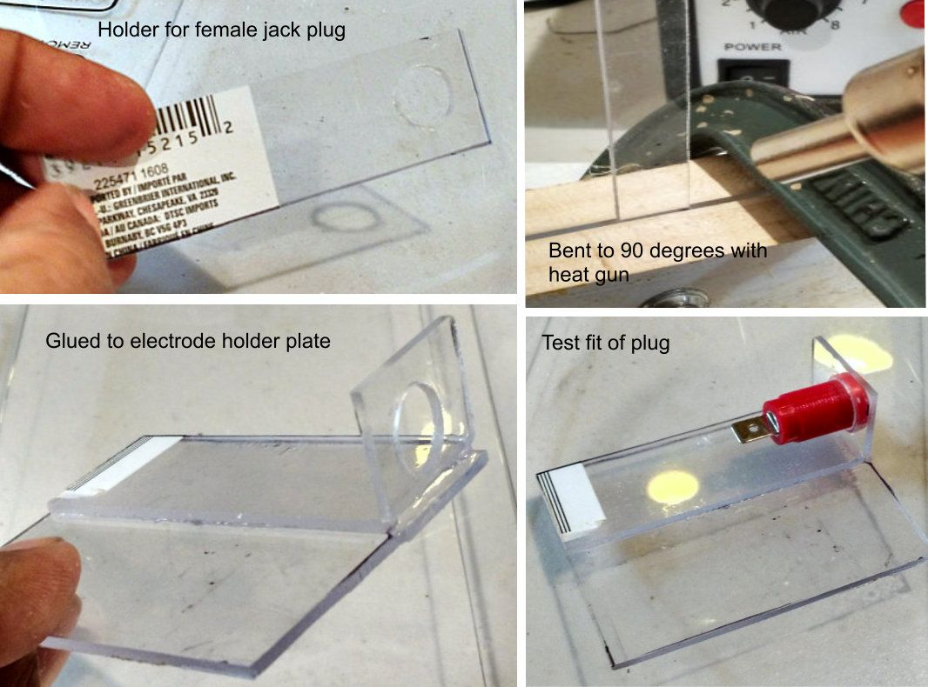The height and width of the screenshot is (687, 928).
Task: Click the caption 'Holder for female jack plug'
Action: (x=221, y=30)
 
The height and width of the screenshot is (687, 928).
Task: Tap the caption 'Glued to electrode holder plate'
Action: (x=187, y=341)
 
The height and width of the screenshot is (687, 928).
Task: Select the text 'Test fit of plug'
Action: (x=605, y=343)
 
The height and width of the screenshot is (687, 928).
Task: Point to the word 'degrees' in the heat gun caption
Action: (x=680, y=251)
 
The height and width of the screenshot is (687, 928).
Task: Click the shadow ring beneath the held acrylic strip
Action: (x=343, y=217)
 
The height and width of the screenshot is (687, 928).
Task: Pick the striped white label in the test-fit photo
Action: (x=571, y=500)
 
